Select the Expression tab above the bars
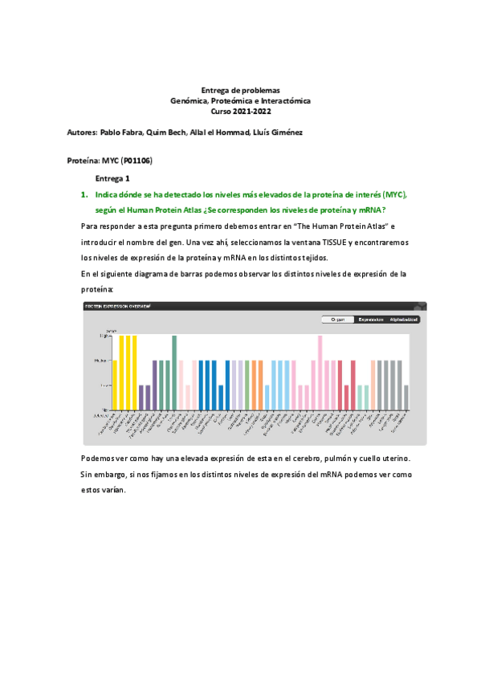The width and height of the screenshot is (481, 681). [370, 319]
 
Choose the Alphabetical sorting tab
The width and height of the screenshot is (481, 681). [403, 319]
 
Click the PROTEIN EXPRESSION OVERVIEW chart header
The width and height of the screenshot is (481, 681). [118, 306]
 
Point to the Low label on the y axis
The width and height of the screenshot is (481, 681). [104, 385]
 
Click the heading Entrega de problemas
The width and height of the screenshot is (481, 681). [240, 91]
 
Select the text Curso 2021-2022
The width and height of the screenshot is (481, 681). [240, 111]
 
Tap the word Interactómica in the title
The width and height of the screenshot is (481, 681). [286, 101]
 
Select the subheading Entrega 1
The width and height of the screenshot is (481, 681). [112, 178]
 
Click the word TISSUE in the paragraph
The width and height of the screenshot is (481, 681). [305, 241]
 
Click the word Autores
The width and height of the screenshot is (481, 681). [81, 131]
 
